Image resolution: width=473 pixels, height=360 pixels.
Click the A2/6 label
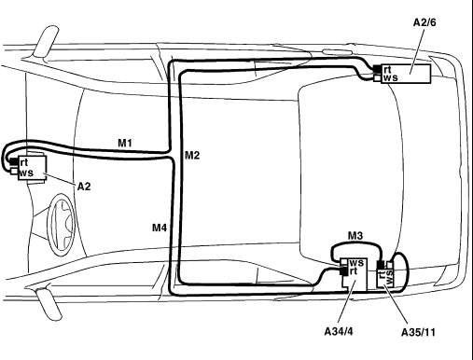pos(424,22)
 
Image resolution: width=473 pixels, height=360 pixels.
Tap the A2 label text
pos(84,187)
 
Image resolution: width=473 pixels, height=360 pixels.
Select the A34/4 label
pos(339,332)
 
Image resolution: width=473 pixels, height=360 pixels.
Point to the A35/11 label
pos(418,332)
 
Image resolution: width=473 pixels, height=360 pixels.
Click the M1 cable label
pos(125,143)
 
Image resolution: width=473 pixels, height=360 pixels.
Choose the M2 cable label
pos(192,155)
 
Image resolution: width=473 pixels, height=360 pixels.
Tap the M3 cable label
pos(355,236)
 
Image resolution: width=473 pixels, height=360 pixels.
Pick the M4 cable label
pos(160,228)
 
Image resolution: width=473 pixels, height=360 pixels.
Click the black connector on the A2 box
pos(14,161)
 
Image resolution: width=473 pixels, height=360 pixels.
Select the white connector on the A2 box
pos(14,171)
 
